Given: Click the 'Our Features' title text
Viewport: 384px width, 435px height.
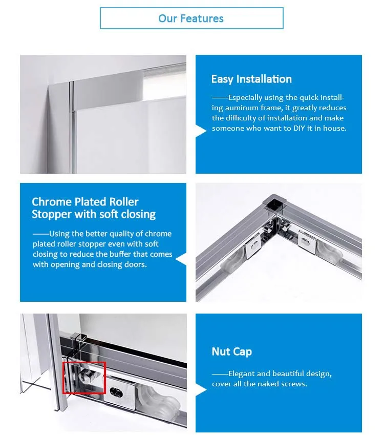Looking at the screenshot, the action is [x=191, y=18].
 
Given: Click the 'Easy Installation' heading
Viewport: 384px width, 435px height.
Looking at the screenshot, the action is [x=251, y=79].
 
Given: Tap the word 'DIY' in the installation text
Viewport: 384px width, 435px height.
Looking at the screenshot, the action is [x=299, y=128].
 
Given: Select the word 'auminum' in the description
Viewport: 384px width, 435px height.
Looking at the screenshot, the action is [x=242, y=108].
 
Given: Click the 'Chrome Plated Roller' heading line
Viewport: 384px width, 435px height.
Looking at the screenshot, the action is [x=85, y=202].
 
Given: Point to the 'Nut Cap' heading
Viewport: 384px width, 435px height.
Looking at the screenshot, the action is [x=232, y=352].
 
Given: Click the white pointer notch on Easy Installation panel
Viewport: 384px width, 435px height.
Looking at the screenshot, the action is [x=201, y=131].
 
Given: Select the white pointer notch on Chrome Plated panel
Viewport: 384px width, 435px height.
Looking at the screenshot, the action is [x=181, y=259].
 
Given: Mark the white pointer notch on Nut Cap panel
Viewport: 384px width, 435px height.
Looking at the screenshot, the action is [x=201, y=390].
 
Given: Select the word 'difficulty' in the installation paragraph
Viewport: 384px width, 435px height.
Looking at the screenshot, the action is [x=241, y=118].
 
